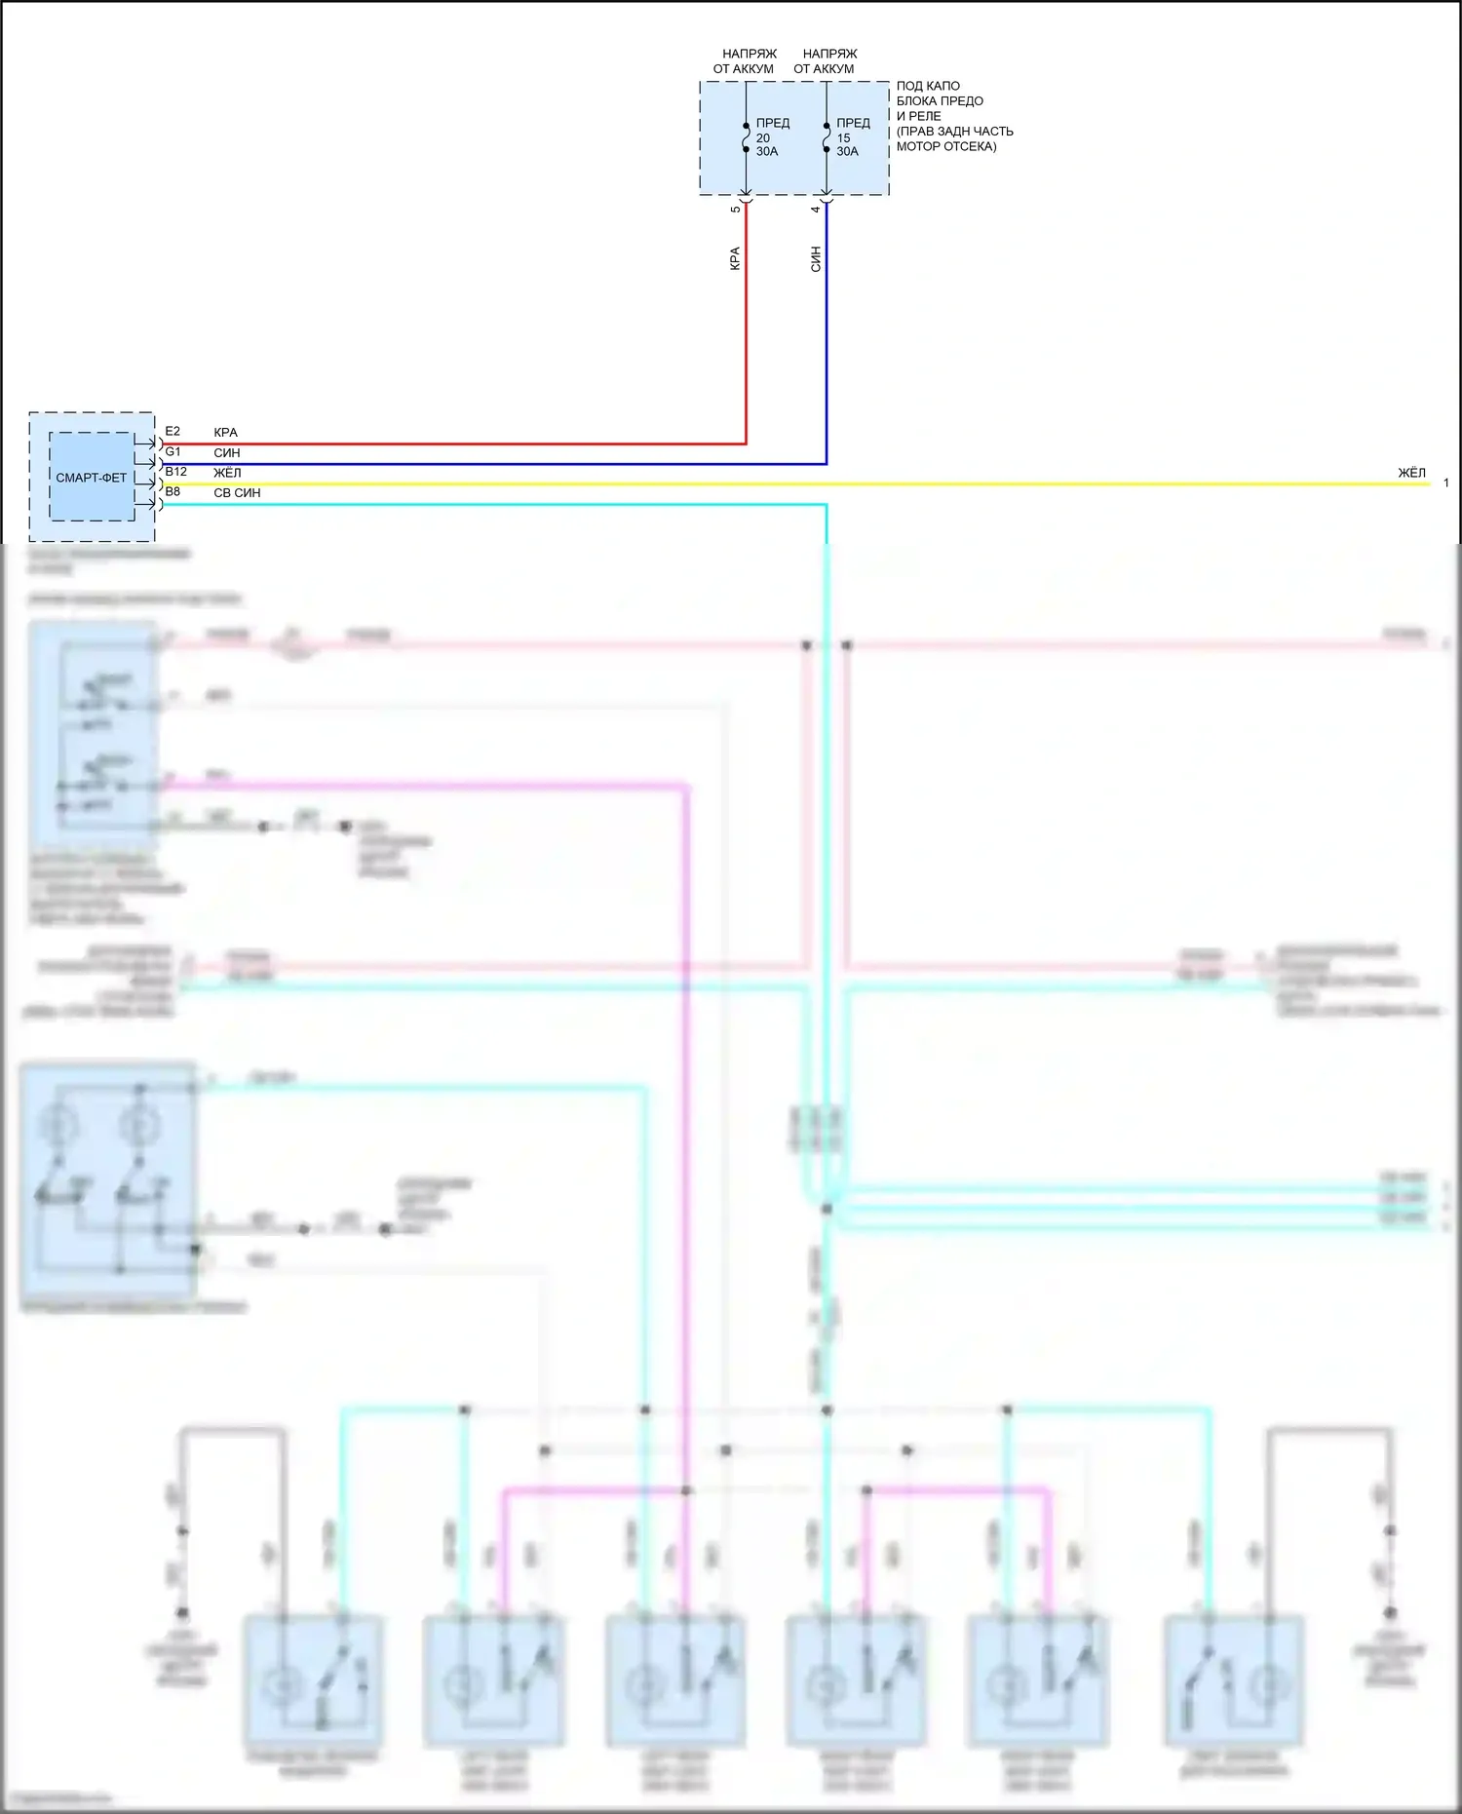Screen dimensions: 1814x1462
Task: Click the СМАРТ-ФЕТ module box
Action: coord(92,478)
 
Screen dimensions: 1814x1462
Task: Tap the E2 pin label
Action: coord(173,431)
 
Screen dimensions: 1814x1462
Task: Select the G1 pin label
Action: coord(173,451)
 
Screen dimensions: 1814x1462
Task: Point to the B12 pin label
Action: coord(175,472)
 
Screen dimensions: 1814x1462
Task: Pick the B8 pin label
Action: coord(173,492)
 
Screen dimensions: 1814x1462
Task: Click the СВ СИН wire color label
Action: coord(237,493)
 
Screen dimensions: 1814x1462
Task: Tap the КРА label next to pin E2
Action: coord(225,433)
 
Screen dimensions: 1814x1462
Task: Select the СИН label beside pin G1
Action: coord(226,453)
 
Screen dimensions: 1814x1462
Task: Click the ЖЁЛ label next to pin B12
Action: coord(227,473)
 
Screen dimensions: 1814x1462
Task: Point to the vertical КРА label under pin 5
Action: coord(735,258)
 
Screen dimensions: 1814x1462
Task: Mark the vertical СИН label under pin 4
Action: coord(816,258)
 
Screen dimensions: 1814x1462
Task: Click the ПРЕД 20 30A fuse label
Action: coord(772,137)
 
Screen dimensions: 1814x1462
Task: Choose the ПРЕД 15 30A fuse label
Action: coord(852,137)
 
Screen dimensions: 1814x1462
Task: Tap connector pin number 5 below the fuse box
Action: coord(735,209)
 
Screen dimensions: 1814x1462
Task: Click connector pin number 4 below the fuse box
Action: coord(816,209)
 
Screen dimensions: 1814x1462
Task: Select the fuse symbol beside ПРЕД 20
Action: coord(746,137)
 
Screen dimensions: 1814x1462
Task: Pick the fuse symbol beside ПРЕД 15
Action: coord(827,137)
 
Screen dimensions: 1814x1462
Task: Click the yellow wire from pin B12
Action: coord(780,483)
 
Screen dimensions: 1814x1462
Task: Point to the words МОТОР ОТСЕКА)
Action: coord(945,147)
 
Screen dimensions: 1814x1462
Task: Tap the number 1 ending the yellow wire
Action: coord(1445,482)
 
